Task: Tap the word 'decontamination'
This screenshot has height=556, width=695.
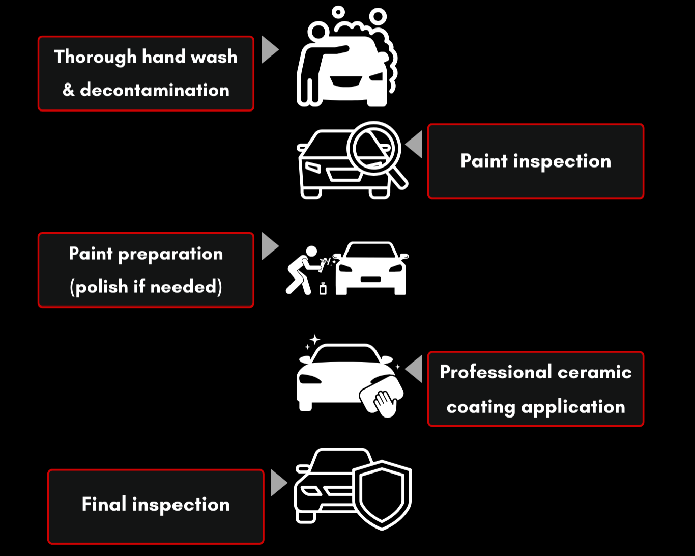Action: (155, 90)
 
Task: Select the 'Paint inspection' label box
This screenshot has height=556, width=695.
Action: (535, 161)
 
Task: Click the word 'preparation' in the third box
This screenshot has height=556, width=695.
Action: (170, 254)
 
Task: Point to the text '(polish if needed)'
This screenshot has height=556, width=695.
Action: (146, 287)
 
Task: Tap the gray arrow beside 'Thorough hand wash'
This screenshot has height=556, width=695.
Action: (269, 49)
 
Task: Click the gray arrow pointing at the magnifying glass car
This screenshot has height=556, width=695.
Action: (415, 144)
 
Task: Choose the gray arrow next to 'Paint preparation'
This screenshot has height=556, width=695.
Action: (269, 246)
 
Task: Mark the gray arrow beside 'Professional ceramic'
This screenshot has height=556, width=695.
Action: (415, 369)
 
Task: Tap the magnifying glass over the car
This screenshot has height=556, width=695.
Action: (373, 148)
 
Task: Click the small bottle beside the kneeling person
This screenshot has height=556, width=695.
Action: (323, 288)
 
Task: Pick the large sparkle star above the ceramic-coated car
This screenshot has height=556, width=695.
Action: (315, 340)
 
